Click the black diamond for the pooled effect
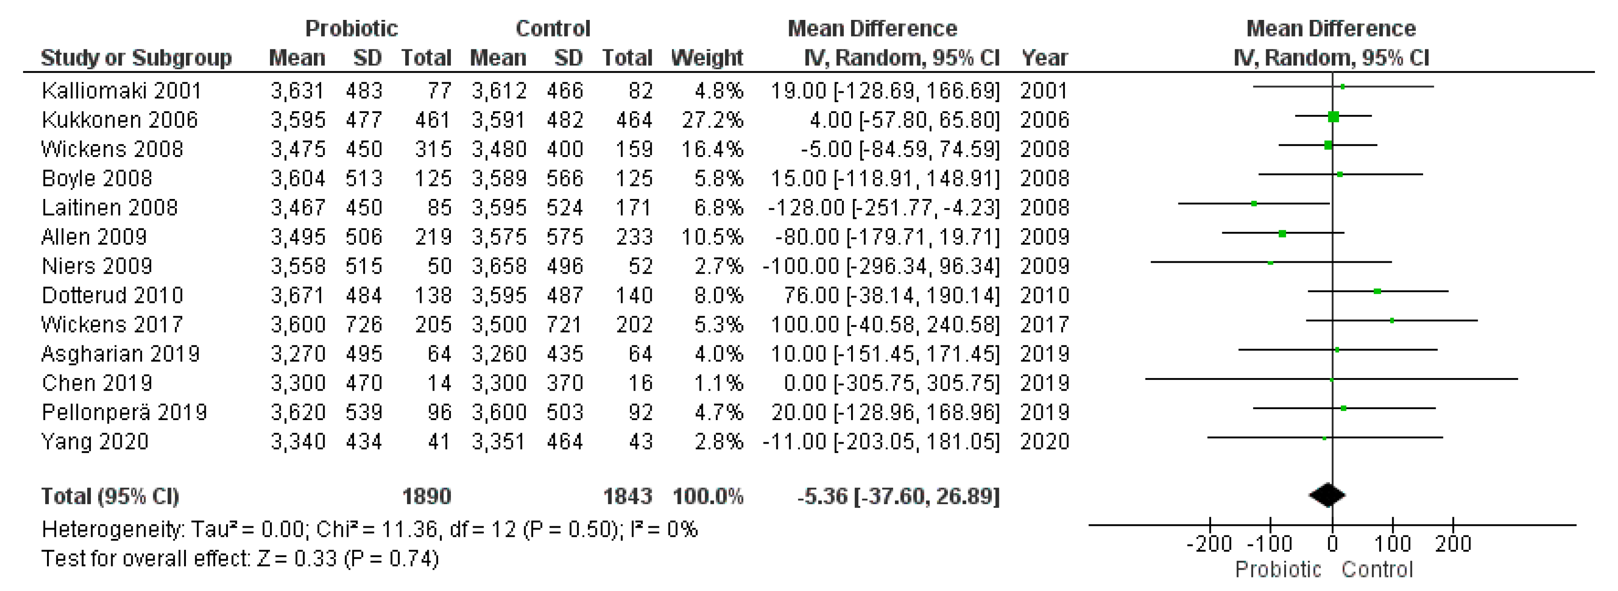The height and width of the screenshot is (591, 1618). [1327, 496]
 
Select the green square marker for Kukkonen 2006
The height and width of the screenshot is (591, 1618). [1334, 116]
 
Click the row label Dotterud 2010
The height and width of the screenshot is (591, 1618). [113, 295]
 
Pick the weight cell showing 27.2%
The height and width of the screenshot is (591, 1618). [712, 120]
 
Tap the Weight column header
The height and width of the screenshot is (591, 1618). [707, 58]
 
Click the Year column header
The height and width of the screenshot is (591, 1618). [1044, 58]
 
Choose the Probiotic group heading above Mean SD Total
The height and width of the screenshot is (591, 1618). [351, 28]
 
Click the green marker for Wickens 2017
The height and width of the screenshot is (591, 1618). [1392, 320]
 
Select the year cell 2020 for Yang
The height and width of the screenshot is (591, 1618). [1044, 441]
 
